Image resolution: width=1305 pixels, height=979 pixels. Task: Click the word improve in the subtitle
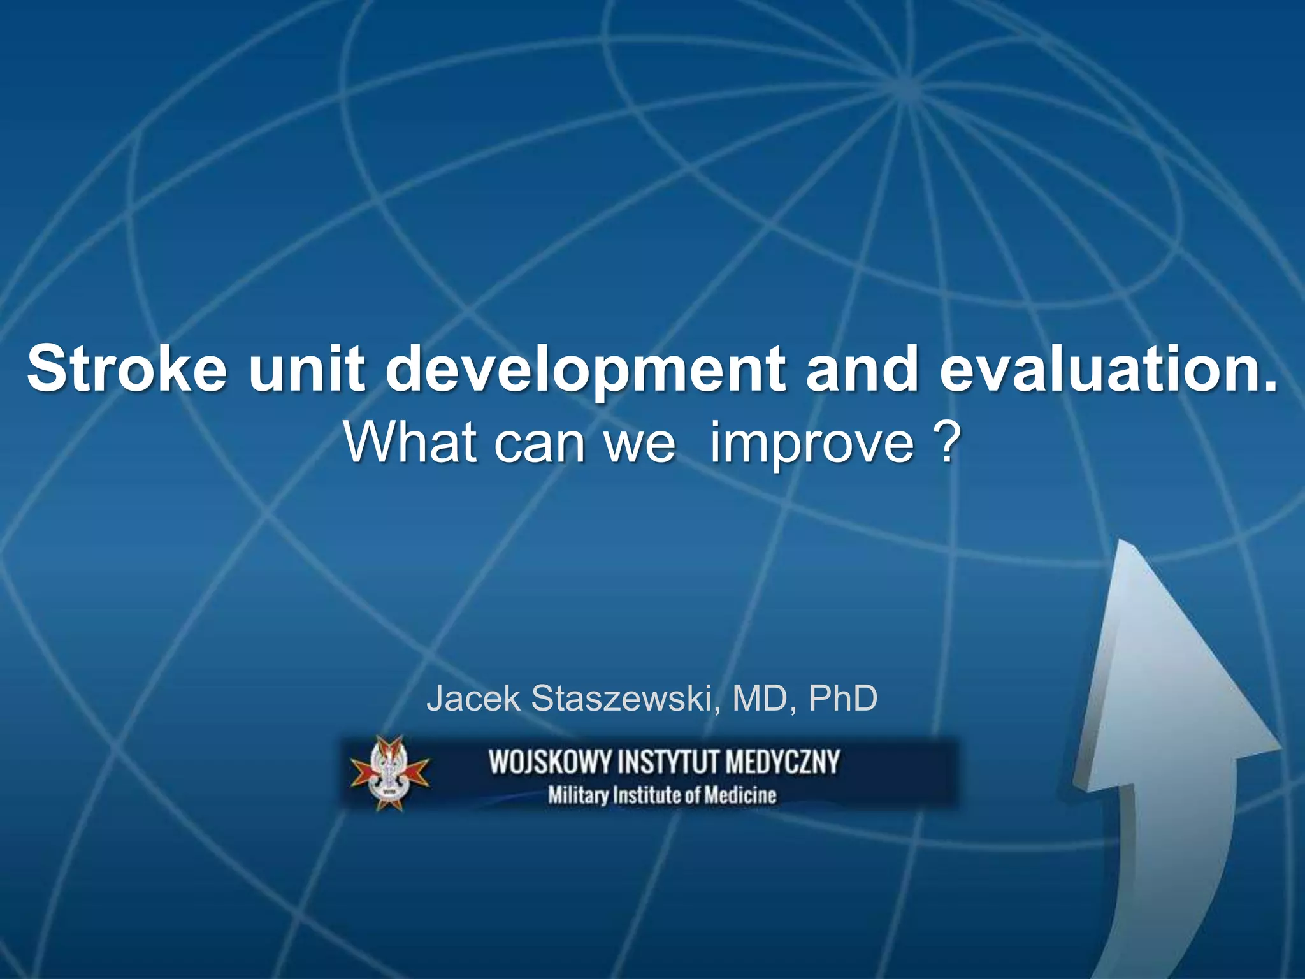click(x=812, y=442)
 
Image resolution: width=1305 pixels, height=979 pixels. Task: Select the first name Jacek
click(x=473, y=699)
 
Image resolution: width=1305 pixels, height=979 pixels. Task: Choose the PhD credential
click(x=843, y=699)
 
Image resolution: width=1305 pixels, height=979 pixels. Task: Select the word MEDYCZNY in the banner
click(x=783, y=763)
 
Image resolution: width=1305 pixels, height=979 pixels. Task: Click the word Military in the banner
click(x=578, y=796)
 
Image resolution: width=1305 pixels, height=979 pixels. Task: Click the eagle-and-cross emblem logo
click(x=390, y=773)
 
